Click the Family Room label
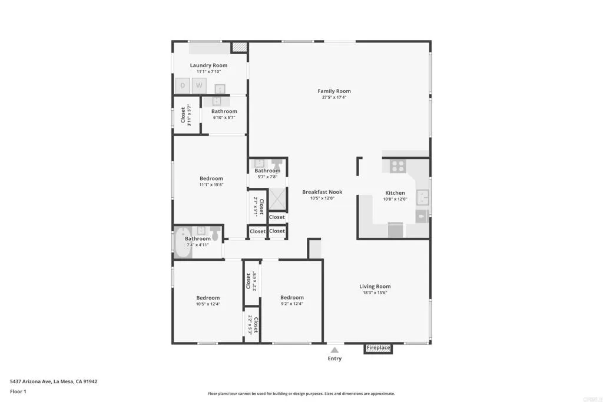(x=334, y=91)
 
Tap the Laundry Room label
(x=208, y=65)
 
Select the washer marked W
(x=199, y=86)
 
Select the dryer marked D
(x=183, y=86)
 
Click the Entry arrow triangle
(x=334, y=350)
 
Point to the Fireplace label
(x=378, y=348)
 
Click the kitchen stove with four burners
(x=397, y=166)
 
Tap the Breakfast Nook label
(x=322, y=192)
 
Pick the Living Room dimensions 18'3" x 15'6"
(x=375, y=293)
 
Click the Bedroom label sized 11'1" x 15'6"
(x=211, y=178)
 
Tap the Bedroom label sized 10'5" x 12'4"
(x=208, y=298)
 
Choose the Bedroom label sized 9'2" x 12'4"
(x=291, y=298)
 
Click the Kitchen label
(x=395, y=193)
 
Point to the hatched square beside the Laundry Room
(x=238, y=46)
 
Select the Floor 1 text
(x=18, y=391)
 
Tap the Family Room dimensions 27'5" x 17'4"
(x=334, y=98)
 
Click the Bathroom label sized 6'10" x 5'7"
(x=224, y=111)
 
